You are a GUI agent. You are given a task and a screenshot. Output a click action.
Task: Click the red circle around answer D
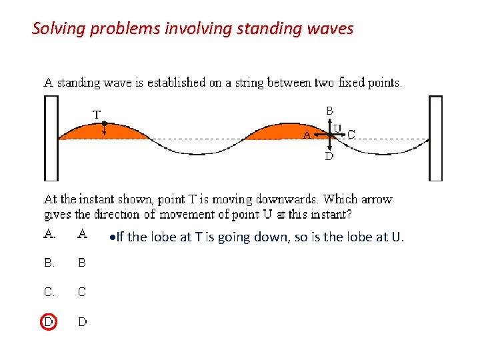pyautogui.click(x=48, y=321)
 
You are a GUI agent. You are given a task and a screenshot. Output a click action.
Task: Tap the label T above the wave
pyautogui.click(x=97, y=115)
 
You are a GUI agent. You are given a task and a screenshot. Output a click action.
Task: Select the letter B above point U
pyautogui.click(x=329, y=110)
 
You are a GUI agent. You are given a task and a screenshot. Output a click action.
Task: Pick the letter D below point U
pyautogui.click(x=329, y=157)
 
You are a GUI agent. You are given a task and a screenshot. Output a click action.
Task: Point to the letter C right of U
pyautogui.click(x=351, y=134)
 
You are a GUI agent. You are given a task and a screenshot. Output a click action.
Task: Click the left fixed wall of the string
pyautogui.click(x=51, y=138)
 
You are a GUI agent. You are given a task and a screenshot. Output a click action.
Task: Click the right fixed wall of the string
pyautogui.click(x=435, y=138)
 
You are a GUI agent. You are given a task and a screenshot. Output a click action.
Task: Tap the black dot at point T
pyautogui.click(x=104, y=123)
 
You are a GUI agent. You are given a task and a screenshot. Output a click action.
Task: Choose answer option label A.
pyautogui.click(x=49, y=233)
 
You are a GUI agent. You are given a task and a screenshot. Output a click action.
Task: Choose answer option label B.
pyautogui.click(x=49, y=263)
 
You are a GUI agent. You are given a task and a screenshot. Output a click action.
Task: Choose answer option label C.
pyautogui.click(x=49, y=292)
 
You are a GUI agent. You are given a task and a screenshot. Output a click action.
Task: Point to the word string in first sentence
pyautogui.click(x=252, y=83)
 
